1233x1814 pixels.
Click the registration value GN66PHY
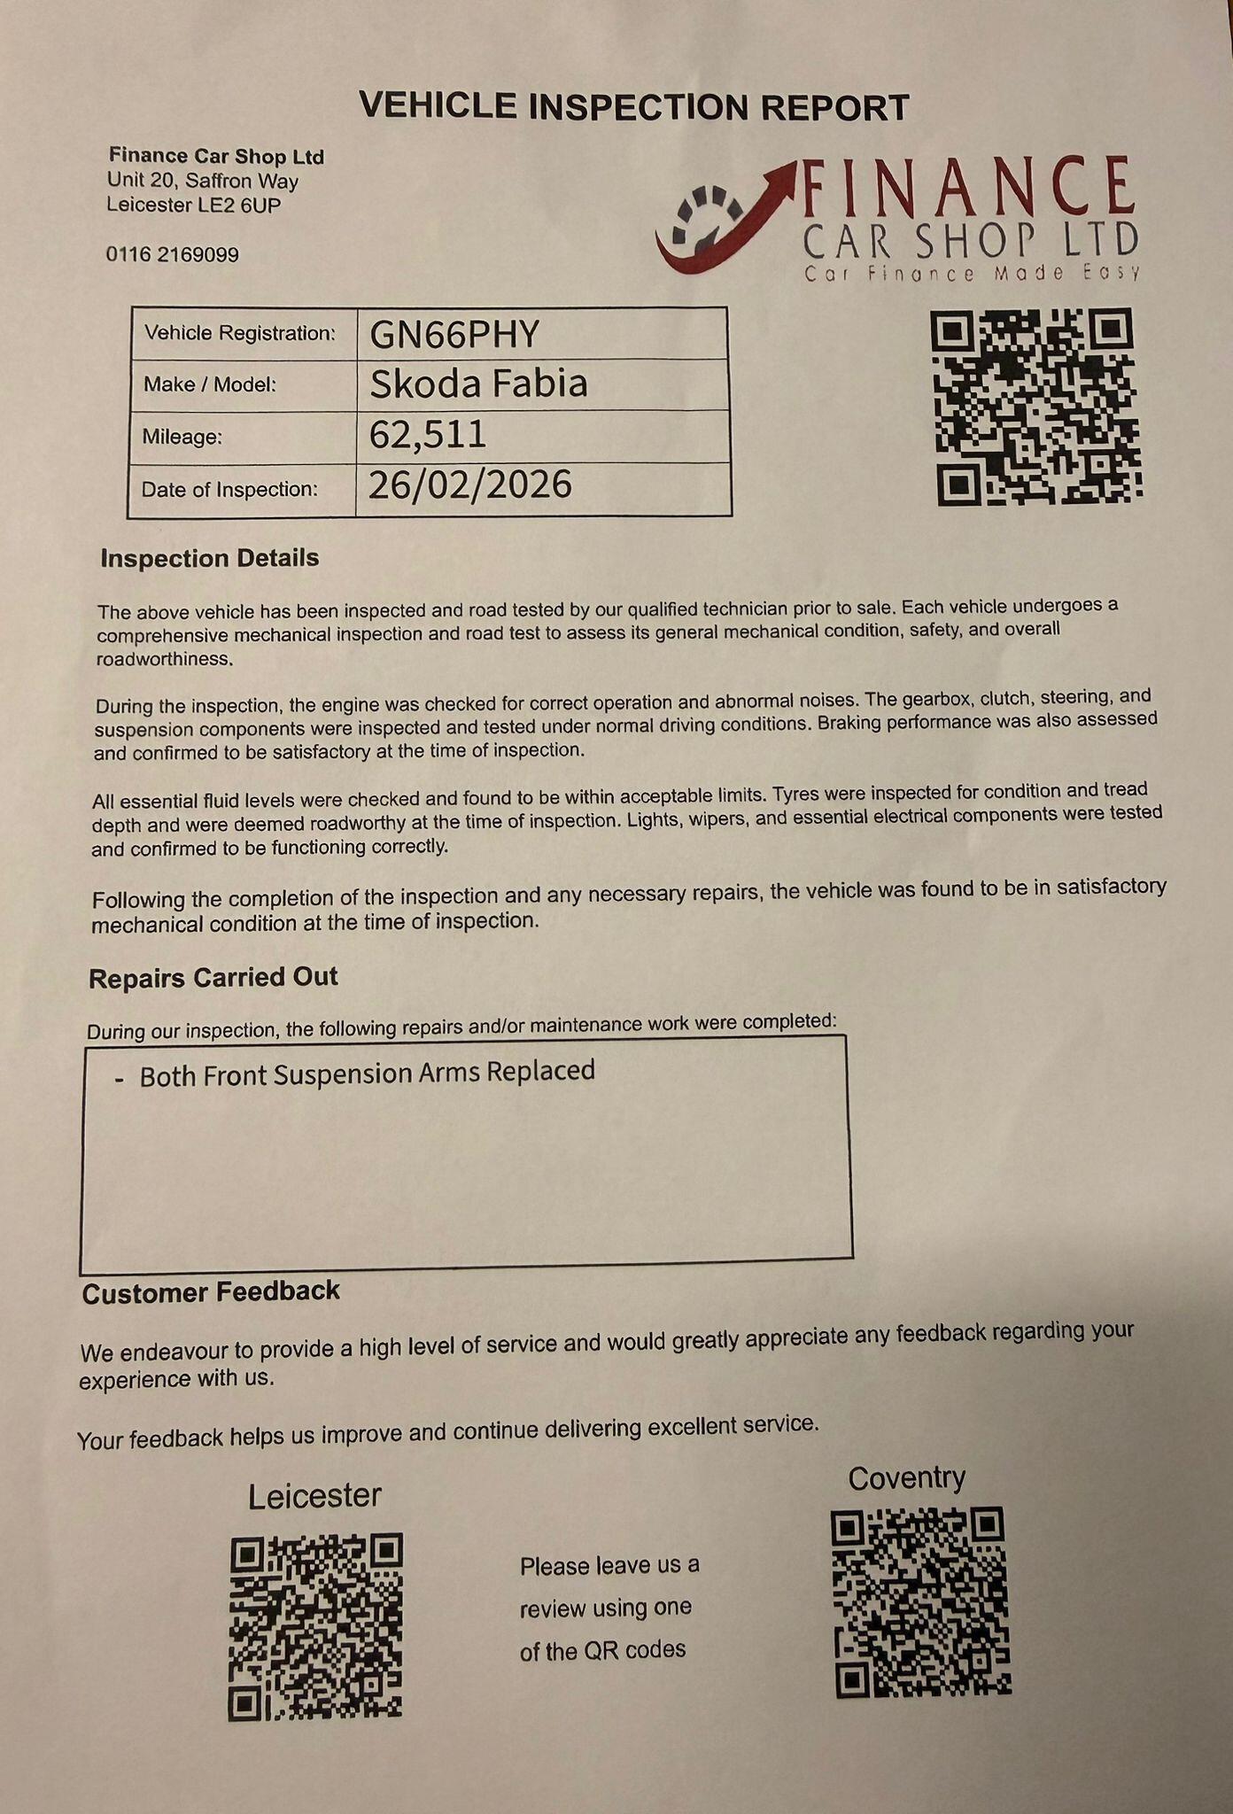[x=454, y=334]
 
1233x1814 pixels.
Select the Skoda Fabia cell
[x=478, y=384]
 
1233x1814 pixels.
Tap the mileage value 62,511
[x=427, y=435]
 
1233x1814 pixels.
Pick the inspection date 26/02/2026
[x=469, y=485]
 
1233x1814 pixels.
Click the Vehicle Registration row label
[x=240, y=333]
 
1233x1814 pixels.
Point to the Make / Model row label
[x=210, y=384]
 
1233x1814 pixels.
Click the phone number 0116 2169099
[x=173, y=255]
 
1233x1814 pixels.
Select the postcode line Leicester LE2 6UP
[x=194, y=205]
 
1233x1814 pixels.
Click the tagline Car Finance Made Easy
[x=972, y=274]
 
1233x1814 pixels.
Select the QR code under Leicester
[x=316, y=1626]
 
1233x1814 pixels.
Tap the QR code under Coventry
[x=921, y=1601]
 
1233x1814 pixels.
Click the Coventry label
[x=906, y=1478]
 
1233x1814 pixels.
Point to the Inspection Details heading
[x=210, y=559]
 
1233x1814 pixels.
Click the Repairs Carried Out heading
[x=213, y=978]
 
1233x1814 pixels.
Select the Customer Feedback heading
[x=211, y=1292]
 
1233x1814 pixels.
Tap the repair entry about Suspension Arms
[x=367, y=1074]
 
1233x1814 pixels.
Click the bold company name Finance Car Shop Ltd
[x=216, y=157]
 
